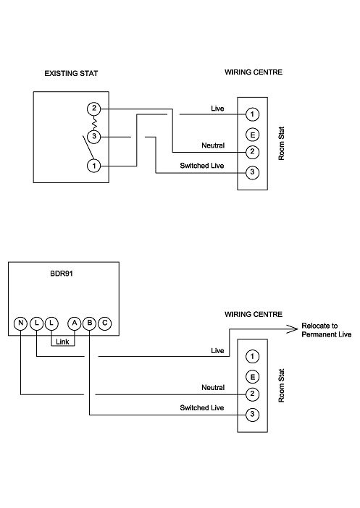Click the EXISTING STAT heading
click(70, 73)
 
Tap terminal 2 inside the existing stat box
click(93, 109)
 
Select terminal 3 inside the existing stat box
click(93, 136)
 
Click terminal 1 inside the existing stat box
click(93, 166)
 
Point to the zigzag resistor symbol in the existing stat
click(93, 122)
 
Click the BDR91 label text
click(63, 275)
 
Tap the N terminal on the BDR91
click(21, 323)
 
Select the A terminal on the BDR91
click(74, 323)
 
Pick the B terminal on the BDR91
click(89, 323)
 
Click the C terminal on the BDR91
click(105, 323)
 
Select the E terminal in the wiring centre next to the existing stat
click(252, 134)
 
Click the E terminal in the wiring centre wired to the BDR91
click(252, 376)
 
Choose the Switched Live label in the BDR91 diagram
click(202, 408)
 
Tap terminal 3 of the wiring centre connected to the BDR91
click(252, 415)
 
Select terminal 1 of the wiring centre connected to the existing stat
click(252, 114)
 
